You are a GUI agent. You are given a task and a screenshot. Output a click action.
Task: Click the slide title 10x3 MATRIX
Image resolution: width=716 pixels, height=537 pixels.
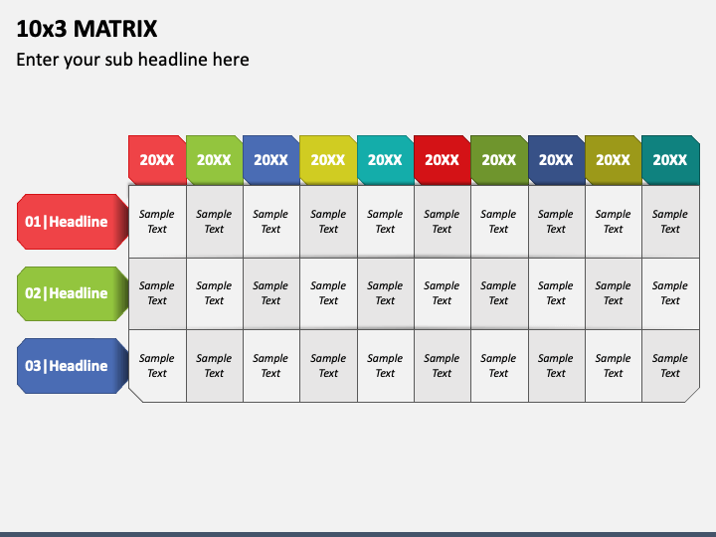[x=87, y=28]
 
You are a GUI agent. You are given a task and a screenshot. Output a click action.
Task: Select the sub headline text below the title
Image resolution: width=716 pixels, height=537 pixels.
[x=132, y=60]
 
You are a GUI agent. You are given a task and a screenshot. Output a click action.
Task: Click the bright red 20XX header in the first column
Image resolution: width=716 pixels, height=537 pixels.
[x=157, y=159]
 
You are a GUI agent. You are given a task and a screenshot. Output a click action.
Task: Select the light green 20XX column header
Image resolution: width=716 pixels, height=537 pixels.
[x=214, y=159]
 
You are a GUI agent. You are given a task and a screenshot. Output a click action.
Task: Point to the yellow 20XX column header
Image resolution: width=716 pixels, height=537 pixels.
[x=328, y=159]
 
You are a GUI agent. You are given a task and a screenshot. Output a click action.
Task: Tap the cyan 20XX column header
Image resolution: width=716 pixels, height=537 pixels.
[x=385, y=159]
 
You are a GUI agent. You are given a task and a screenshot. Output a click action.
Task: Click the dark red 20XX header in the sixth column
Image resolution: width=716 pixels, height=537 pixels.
[x=442, y=159]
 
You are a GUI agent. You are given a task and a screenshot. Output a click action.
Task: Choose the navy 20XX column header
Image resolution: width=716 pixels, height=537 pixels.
[x=556, y=159]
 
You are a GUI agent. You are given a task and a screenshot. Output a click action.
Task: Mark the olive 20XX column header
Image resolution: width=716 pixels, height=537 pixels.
[x=613, y=159]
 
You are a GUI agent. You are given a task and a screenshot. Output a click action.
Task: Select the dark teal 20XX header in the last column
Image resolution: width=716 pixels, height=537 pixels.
[x=670, y=159]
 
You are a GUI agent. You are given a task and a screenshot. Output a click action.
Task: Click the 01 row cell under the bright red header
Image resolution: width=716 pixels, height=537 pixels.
[x=157, y=221]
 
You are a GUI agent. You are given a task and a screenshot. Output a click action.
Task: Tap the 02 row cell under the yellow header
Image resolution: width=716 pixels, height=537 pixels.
[x=328, y=293]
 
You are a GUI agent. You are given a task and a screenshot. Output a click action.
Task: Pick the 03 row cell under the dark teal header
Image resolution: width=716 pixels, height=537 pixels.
[x=670, y=366]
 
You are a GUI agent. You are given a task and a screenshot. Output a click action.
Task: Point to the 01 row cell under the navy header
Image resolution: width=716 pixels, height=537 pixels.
[x=556, y=221]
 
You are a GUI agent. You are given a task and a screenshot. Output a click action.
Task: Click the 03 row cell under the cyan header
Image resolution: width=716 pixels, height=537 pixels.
[x=385, y=366]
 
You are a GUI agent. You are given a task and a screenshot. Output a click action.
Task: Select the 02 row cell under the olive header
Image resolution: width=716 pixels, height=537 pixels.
[x=613, y=293]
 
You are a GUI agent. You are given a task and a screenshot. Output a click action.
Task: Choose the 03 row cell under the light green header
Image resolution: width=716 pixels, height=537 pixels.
[x=214, y=366]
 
